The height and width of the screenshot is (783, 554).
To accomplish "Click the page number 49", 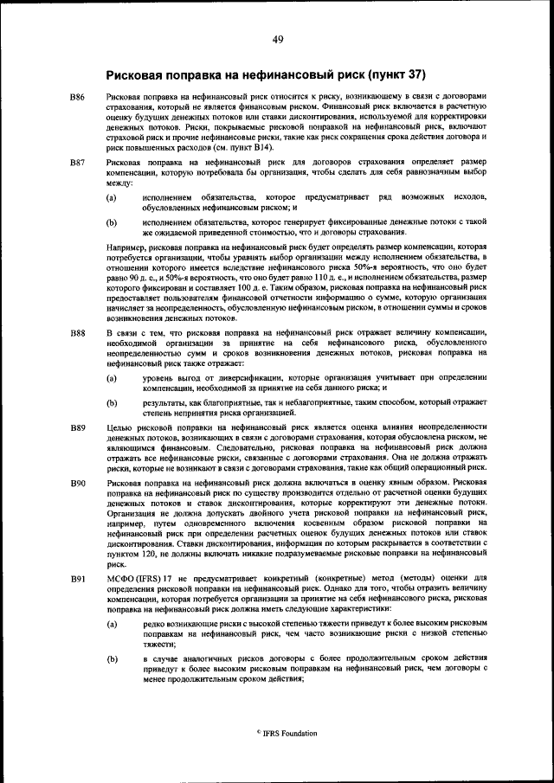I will [x=277, y=39].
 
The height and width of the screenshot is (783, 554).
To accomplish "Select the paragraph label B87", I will [x=77, y=163].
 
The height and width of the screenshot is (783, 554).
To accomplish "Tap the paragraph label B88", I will [x=77, y=333].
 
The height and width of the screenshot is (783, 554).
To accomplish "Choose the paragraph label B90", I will [x=77, y=482].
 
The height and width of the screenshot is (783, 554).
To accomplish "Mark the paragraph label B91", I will [x=77, y=576].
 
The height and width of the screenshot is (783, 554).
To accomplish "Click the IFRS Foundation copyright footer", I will [x=286, y=733].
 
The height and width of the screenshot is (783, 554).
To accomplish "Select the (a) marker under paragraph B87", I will [x=111, y=198].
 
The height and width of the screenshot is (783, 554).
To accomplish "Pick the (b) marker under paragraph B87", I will [x=111, y=222].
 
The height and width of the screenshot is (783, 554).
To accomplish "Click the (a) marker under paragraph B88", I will [x=111, y=379].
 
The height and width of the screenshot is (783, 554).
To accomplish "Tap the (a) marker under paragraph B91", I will [x=111, y=623].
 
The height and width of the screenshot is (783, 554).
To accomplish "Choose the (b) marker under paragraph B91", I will [x=111, y=658].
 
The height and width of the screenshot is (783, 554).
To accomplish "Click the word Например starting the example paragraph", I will [x=126, y=247].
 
